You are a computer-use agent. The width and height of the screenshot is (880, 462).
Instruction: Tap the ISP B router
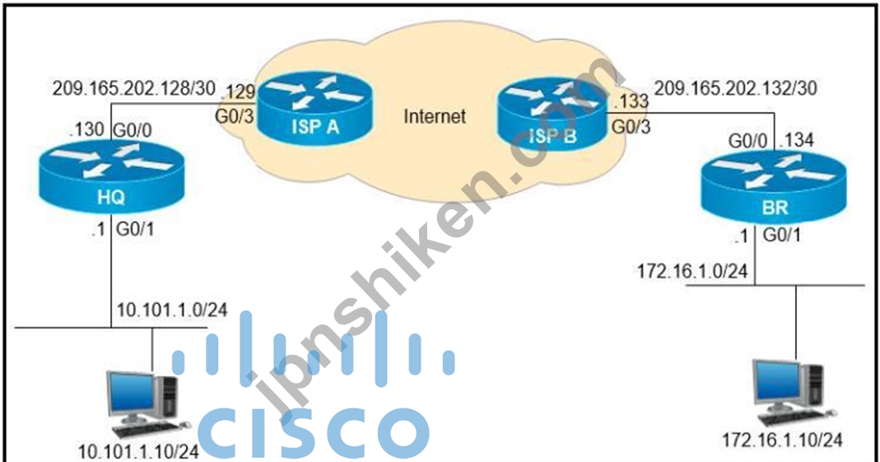pos(553,119)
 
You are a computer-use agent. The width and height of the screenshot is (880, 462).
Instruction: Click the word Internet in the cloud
pos(435,116)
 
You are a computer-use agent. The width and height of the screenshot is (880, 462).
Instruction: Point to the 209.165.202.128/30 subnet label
pos(134,88)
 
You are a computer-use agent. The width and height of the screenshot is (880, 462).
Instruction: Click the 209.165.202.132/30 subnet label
pos(736,87)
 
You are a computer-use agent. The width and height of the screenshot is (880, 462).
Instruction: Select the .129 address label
pos(239,91)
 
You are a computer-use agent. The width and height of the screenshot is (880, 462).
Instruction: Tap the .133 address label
pos(631,101)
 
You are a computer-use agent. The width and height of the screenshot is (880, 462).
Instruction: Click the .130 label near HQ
pos(86,129)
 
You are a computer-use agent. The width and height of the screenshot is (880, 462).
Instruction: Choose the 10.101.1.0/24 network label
pos(172,310)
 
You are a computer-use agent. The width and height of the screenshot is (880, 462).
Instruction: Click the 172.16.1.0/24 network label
pos(692,271)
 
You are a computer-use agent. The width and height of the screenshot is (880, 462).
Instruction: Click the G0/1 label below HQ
pos(135,230)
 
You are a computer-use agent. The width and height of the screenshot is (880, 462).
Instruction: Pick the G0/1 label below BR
pos(782,236)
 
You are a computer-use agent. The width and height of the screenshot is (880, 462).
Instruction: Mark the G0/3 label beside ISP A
pos(235,116)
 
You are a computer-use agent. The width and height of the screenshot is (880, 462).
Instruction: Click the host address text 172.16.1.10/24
pos(782,440)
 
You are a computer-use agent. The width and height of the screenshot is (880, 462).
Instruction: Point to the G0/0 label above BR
pos(747,141)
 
